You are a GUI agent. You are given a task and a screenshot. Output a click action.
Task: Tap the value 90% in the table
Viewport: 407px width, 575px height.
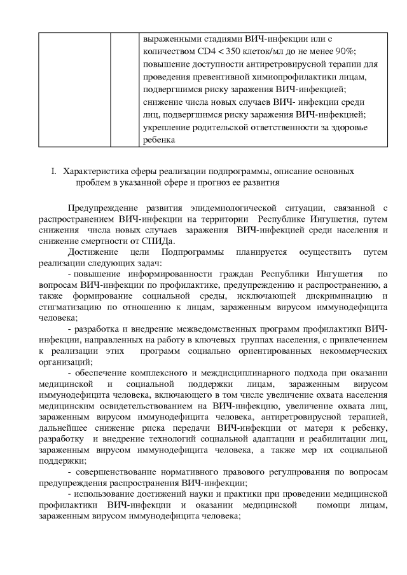[344, 51]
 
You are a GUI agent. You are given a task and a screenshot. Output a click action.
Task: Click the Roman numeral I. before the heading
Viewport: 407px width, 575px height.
[54, 172]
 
